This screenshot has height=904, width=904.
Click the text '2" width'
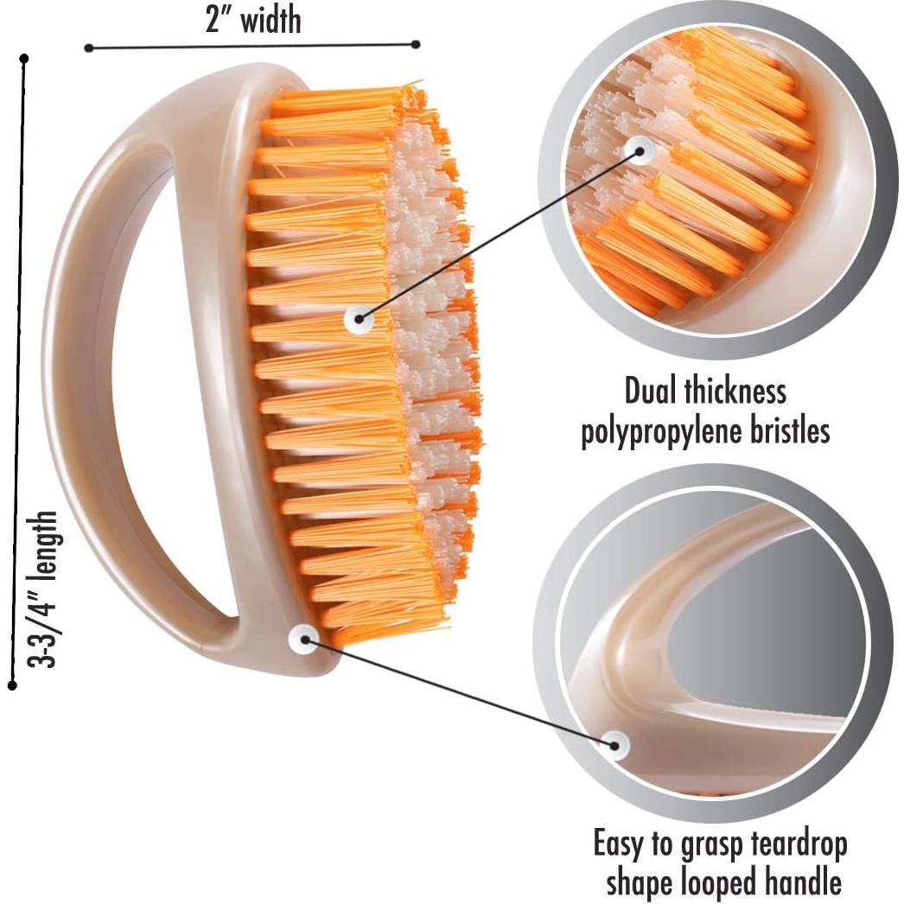coord(253,21)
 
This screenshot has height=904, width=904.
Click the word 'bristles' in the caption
coord(788,430)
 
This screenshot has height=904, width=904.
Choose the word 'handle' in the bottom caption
coord(801,882)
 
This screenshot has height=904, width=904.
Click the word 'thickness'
coord(735,391)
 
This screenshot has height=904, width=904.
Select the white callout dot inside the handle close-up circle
coord(615,745)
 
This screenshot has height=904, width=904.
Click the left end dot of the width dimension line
coord(88,48)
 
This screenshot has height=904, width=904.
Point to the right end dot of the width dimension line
coord(416,44)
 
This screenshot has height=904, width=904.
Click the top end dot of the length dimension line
coord(23,58)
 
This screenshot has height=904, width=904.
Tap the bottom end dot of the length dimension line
coord(12,685)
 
